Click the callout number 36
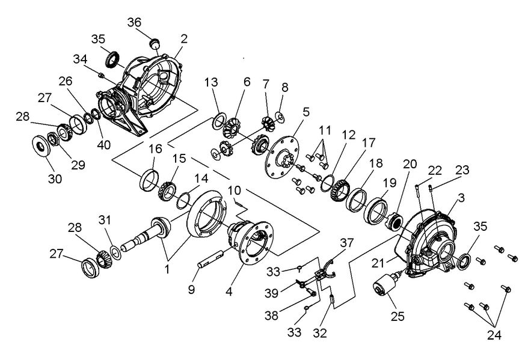pos(135,22)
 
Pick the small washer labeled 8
pos(280,114)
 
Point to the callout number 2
pos(183,39)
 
